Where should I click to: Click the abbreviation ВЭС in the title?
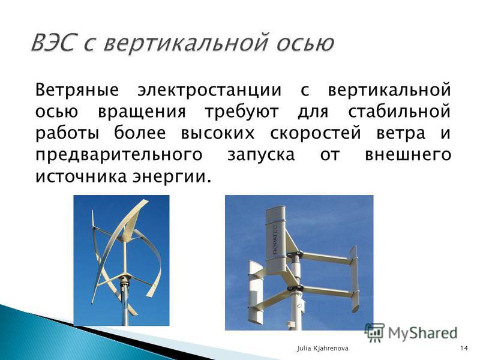point(53,42)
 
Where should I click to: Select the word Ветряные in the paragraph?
point(77,91)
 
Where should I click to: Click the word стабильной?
point(399,111)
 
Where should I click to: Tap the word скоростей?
point(315,134)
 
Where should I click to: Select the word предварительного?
point(119,155)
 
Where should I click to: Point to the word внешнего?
point(408,155)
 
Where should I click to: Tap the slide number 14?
point(464,349)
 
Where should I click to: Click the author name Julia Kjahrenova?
point(323,349)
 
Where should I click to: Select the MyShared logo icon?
point(374,333)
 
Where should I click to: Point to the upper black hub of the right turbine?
point(295,254)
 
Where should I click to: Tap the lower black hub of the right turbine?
point(295,289)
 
